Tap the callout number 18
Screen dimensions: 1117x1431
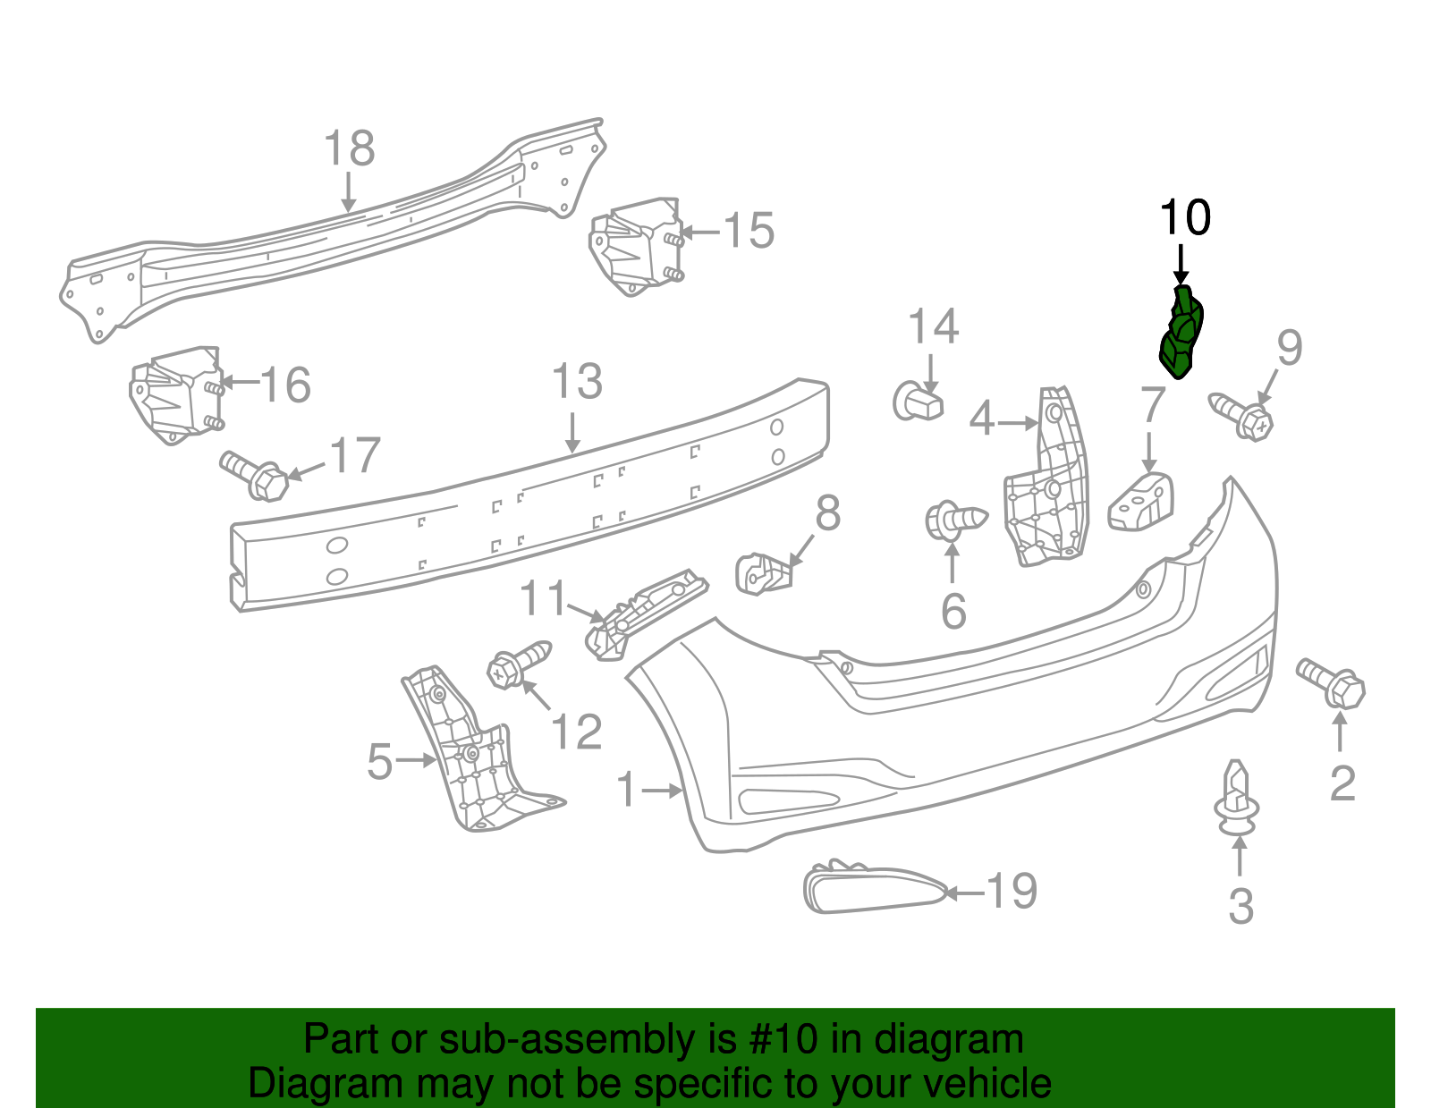(349, 148)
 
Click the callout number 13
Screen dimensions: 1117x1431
(577, 382)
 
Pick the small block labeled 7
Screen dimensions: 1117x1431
(1142, 503)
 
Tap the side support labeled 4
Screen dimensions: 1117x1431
(1046, 483)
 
